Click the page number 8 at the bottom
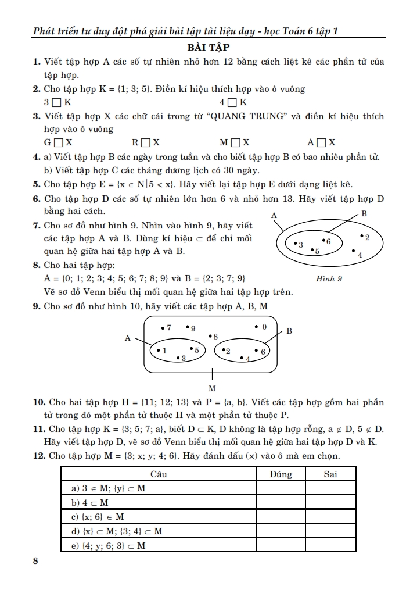36,561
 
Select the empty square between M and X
235,142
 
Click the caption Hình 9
329,278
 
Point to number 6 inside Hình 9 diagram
328,241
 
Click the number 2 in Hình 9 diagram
367,237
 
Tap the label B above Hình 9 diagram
364,214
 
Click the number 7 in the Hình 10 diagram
169,328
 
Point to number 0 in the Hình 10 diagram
264,327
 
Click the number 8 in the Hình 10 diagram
215,337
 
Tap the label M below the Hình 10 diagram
212,388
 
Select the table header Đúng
281,474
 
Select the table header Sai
330,474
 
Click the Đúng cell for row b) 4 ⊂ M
281,502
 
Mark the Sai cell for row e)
330,545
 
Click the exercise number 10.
39,402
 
